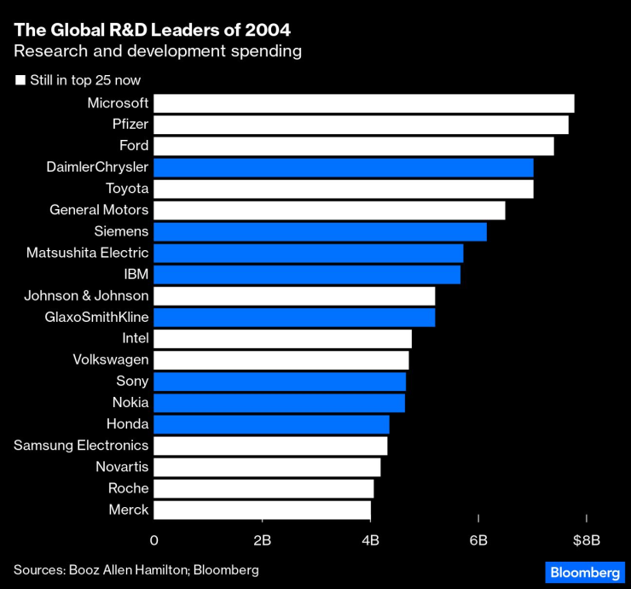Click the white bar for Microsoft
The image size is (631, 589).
click(x=364, y=103)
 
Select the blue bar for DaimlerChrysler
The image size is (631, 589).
click(x=344, y=167)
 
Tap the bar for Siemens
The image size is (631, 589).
click(x=320, y=231)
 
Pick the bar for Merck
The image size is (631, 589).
click(x=262, y=510)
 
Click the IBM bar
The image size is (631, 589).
click(x=307, y=274)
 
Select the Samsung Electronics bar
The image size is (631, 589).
click(x=270, y=446)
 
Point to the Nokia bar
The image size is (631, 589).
click(x=279, y=403)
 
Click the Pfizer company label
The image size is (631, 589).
click(x=130, y=125)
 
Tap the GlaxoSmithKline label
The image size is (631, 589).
click(x=96, y=318)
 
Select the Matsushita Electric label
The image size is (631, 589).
click(x=88, y=253)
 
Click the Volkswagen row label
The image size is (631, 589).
click(x=111, y=360)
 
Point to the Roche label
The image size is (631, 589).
click(x=129, y=488)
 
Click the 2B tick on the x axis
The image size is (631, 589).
click(x=262, y=540)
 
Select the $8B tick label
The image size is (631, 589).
click(x=587, y=540)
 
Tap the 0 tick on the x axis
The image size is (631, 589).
click(x=154, y=540)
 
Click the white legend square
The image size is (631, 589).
click(x=20, y=81)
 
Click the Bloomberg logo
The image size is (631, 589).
click(x=584, y=572)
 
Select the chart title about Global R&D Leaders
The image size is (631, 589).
click(x=152, y=30)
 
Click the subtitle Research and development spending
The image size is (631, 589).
click(x=158, y=51)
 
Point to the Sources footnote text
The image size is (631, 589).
click(x=136, y=569)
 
